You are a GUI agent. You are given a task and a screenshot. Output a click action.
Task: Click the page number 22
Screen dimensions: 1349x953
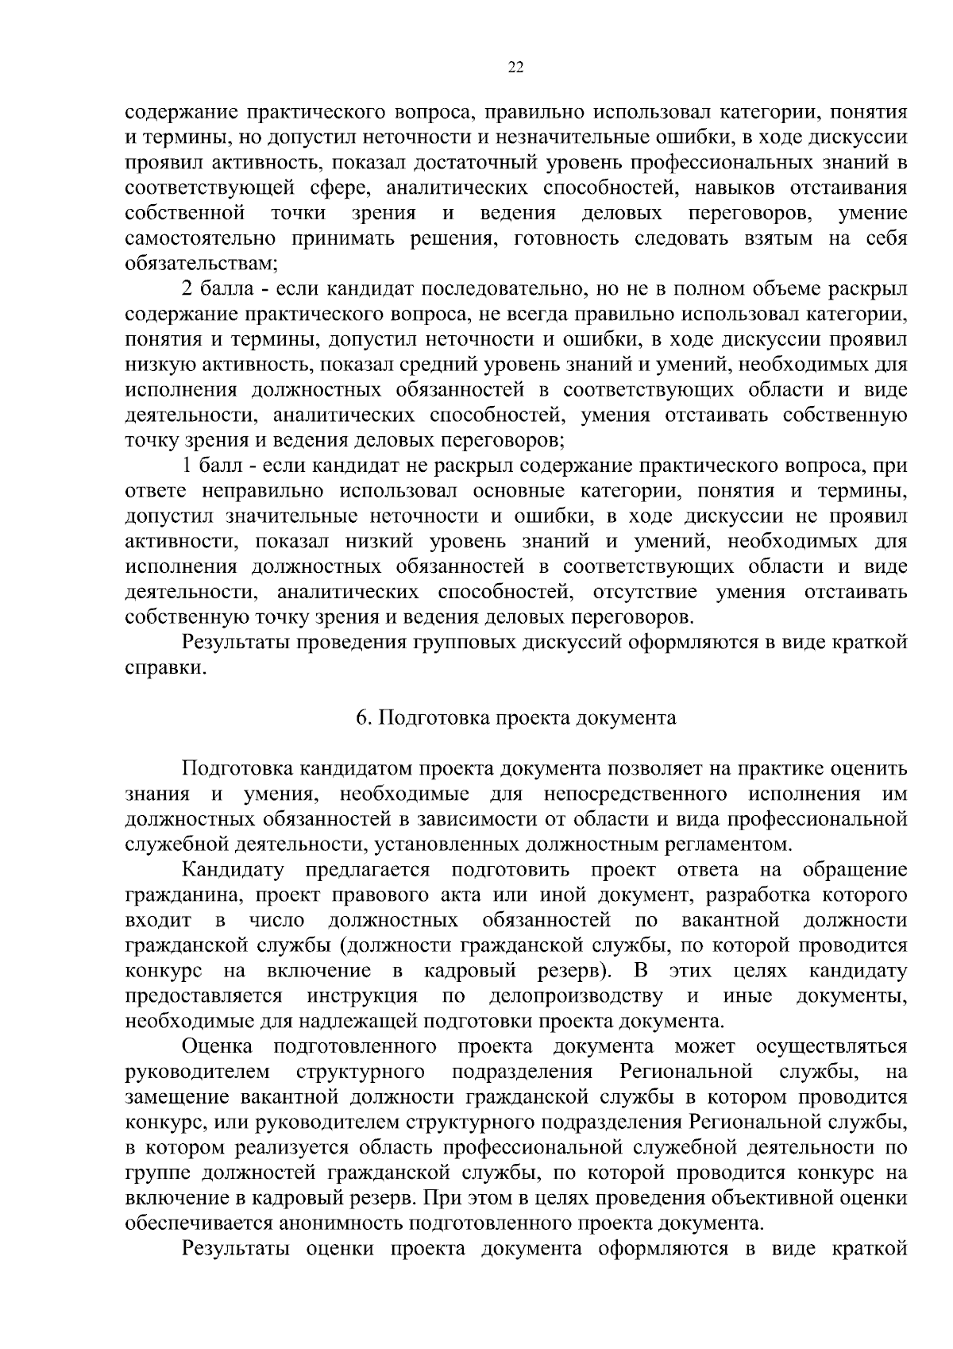[x=515, y=68]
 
